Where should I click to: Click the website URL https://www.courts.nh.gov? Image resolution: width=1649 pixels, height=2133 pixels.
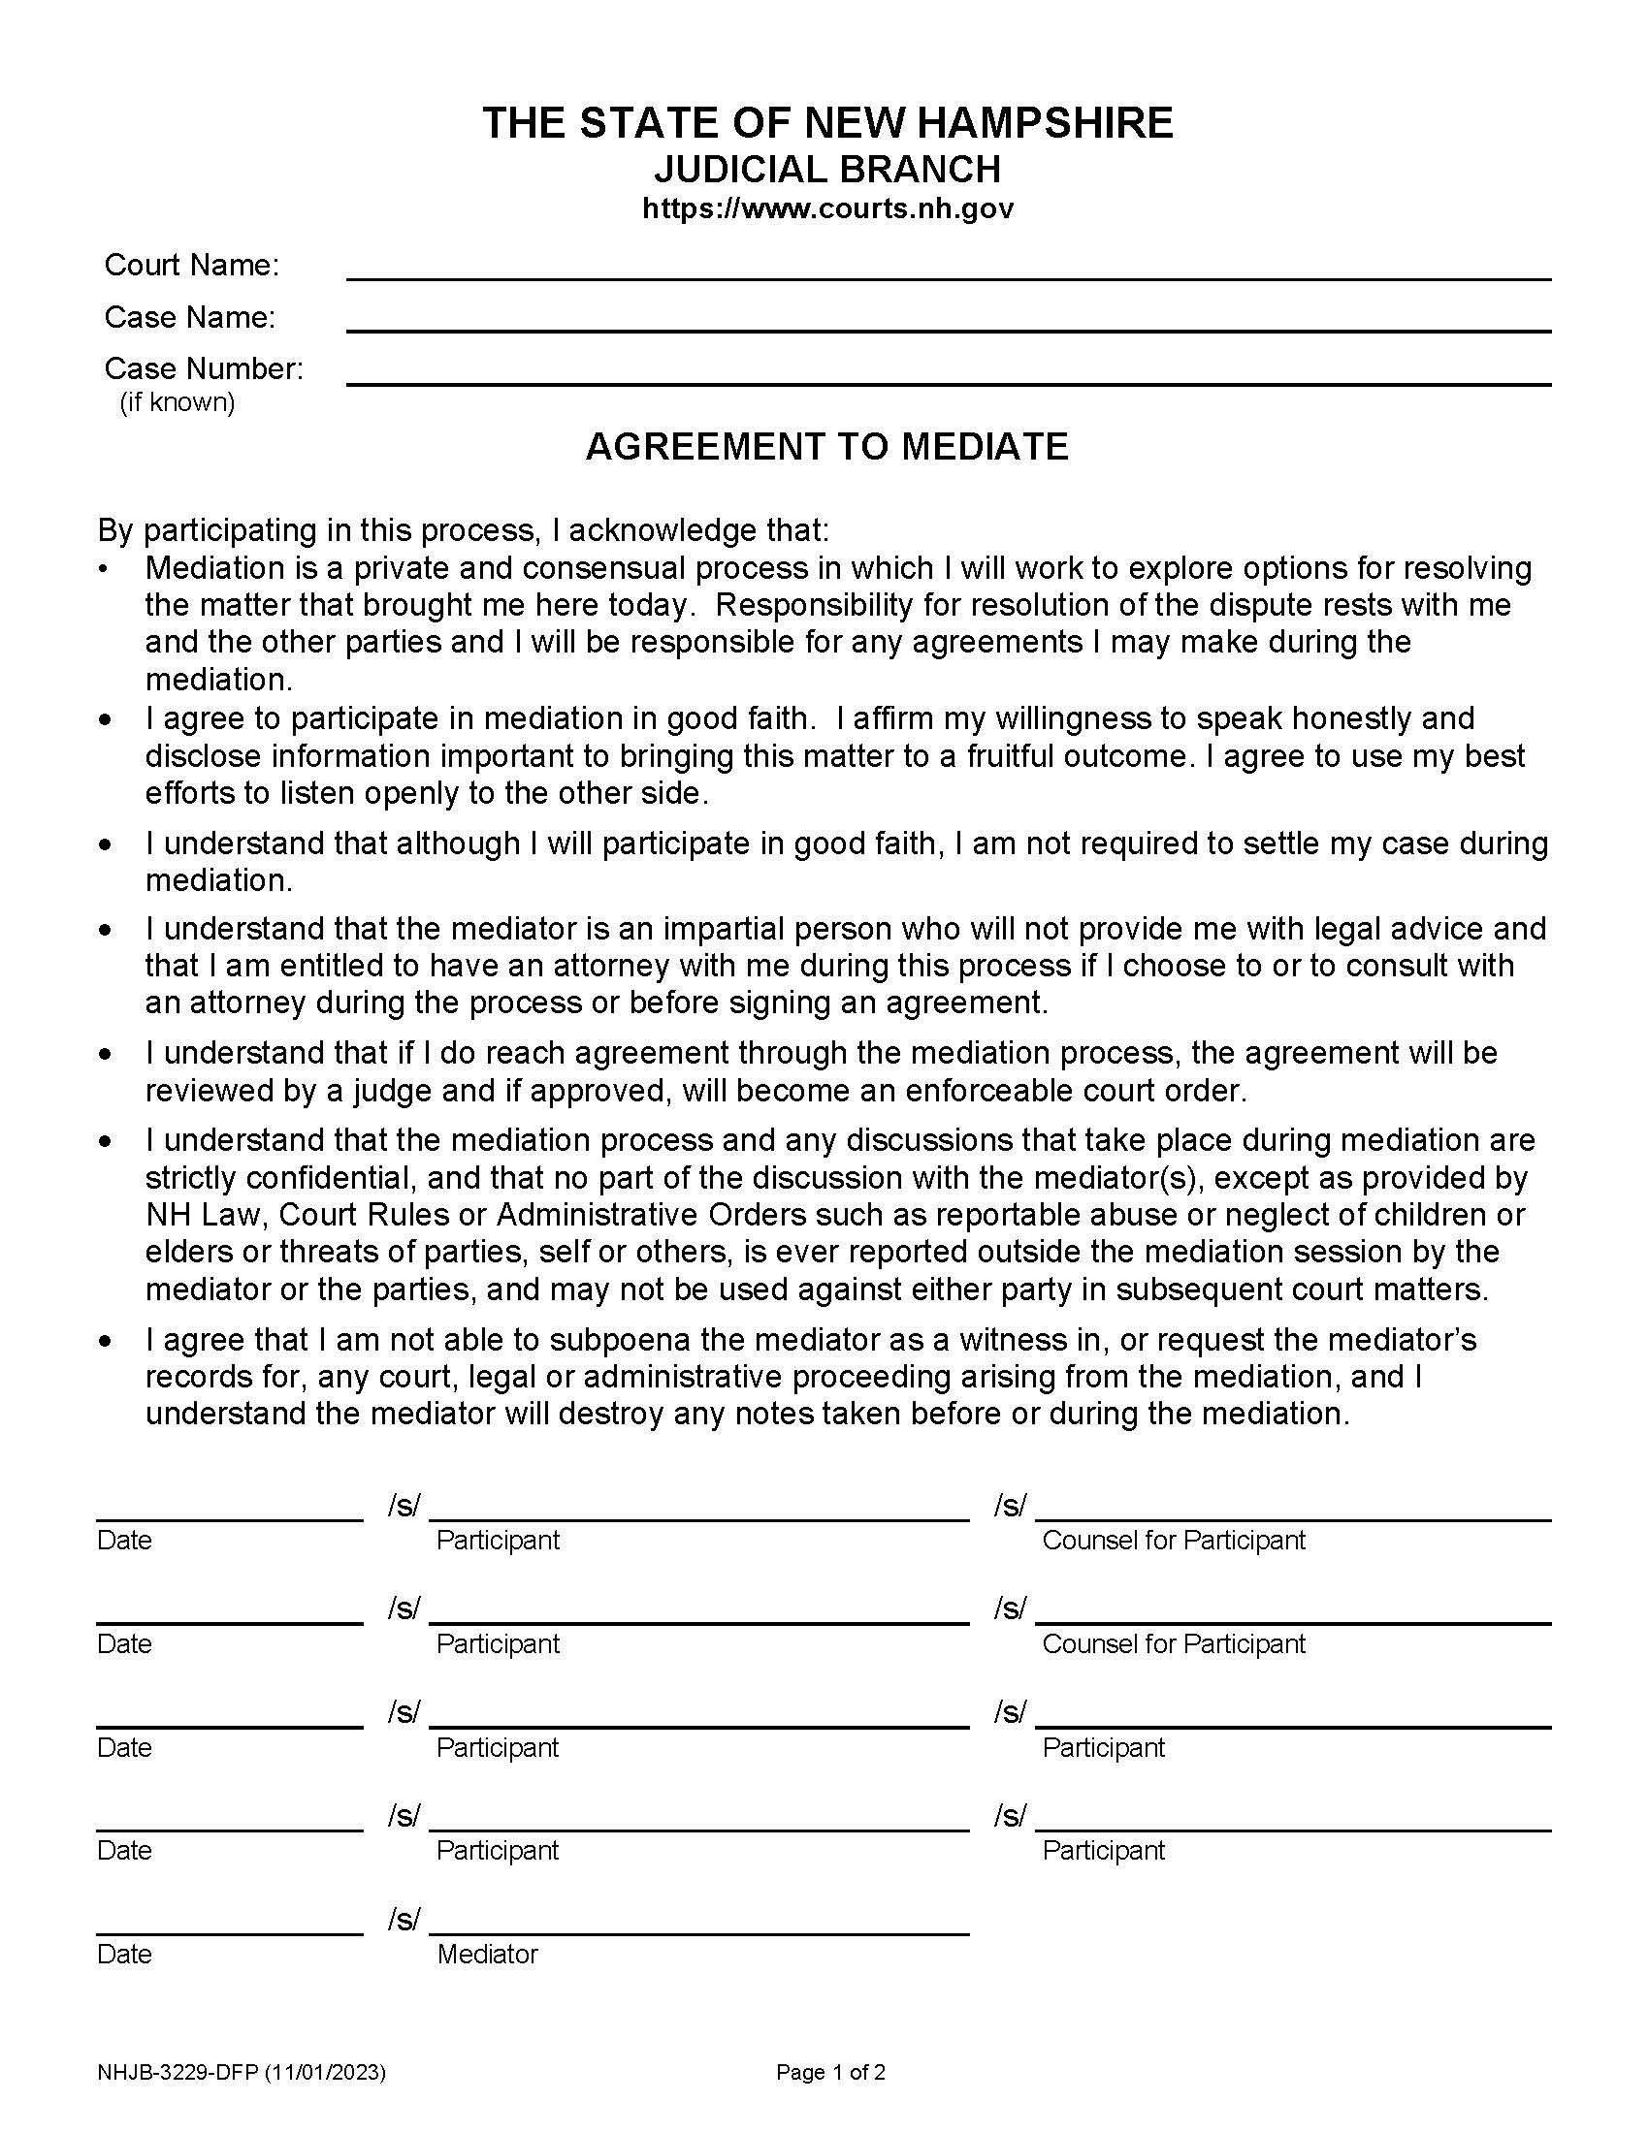tap(827, 209)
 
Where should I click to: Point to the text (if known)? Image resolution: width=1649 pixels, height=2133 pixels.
tap(177, 402)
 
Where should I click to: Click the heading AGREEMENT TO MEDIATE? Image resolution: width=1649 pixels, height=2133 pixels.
tap(826, 446)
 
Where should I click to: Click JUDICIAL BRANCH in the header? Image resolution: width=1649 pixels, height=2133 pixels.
tap(826, 170)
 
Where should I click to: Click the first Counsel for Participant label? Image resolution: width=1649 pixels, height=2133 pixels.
tap(1173, 1541)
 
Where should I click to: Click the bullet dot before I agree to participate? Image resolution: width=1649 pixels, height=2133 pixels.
tap(106, 719)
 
